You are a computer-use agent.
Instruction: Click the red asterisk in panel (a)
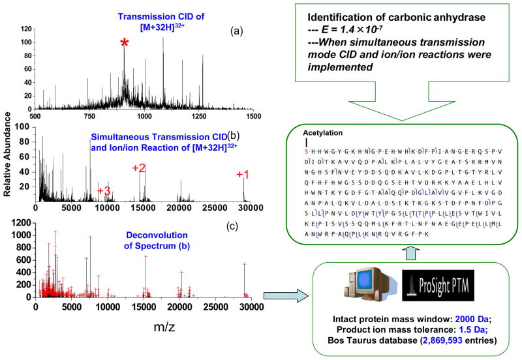pos(124,44)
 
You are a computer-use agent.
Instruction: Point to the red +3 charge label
pos(104,190)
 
